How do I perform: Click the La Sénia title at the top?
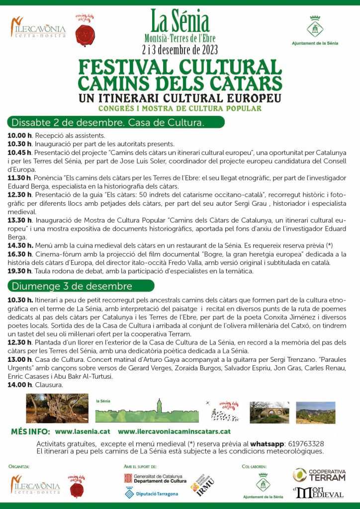(180, 20)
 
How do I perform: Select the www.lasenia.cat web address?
(83, 432)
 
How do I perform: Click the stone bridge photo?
(269, 412)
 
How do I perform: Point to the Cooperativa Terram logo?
(319, 475)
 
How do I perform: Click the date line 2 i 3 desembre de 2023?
(180, 50)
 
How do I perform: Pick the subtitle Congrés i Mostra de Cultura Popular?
(180, 108)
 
